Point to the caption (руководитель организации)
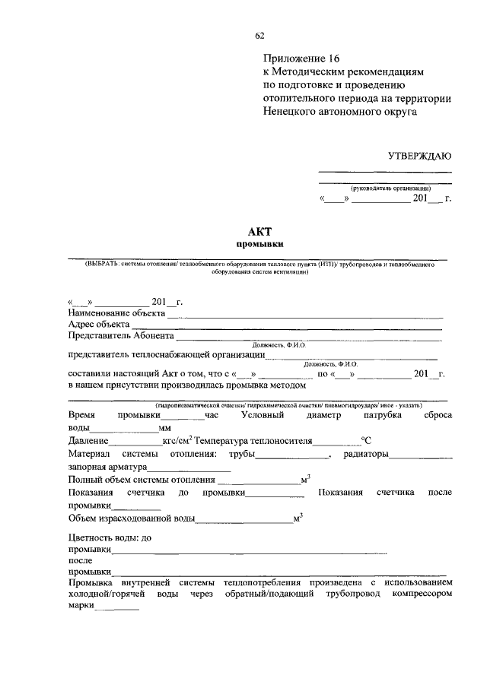[391, 187]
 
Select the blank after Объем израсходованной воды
[243, 521]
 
